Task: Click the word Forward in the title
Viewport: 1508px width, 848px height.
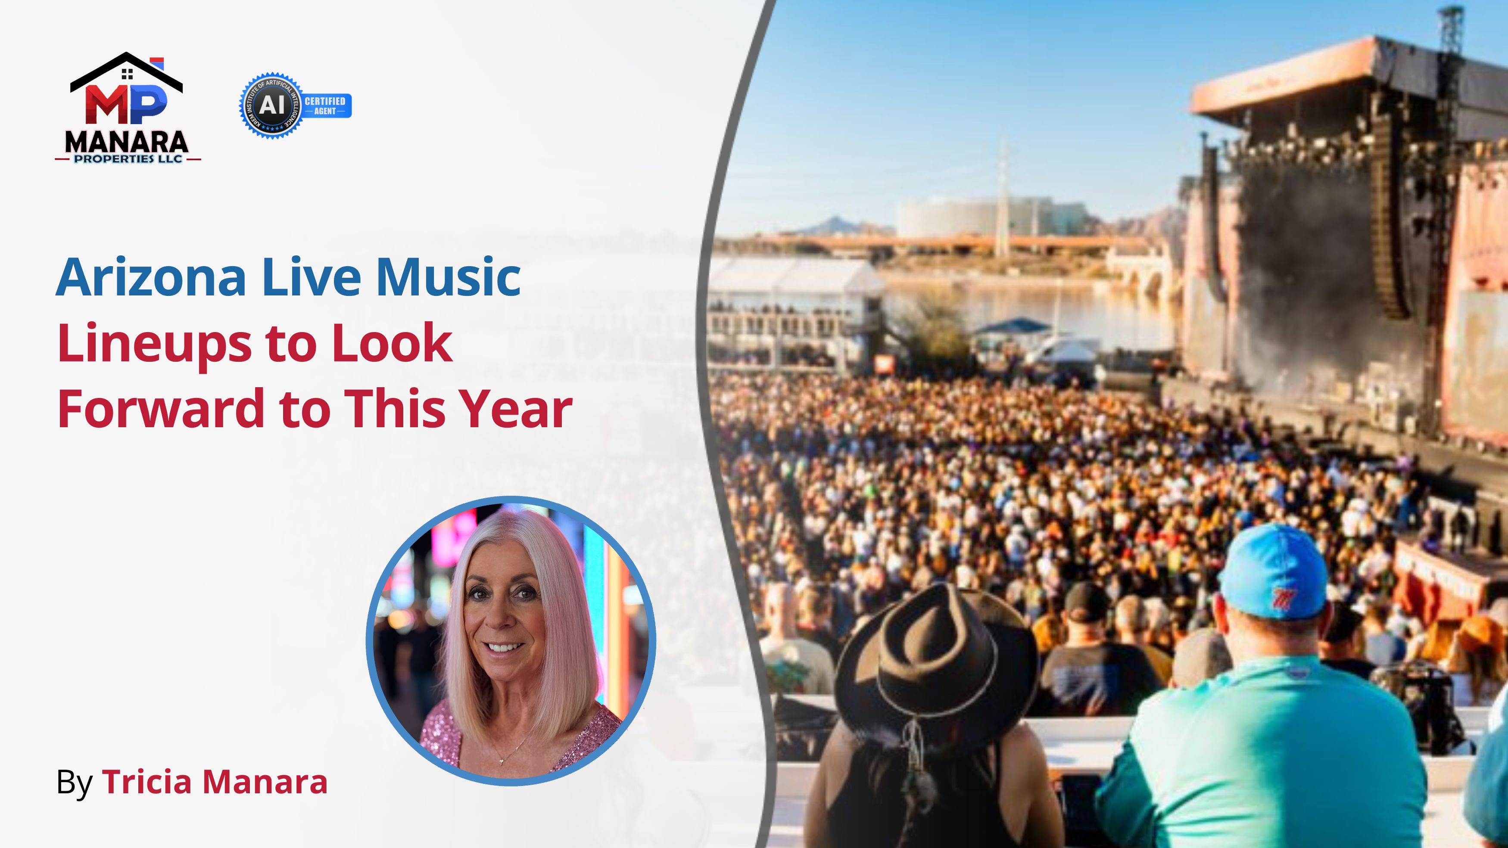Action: click(x=161, y=410)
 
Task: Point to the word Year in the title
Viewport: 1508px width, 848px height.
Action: click(x=515, y=410)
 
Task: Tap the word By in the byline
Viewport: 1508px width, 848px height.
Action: click(x=75, y=783)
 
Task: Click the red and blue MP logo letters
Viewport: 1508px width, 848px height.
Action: click(x=126, y=104)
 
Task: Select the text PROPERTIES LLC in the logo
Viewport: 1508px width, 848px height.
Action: click(x=128, y=159)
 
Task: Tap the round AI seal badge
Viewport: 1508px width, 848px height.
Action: click(x=271, y=106)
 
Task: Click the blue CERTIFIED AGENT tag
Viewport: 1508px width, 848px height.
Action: click(x=325, y=106)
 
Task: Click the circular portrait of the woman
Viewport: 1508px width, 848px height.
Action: click(x=511, y=641)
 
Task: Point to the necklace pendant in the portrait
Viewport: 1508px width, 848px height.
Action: click(x=502, y=761)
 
